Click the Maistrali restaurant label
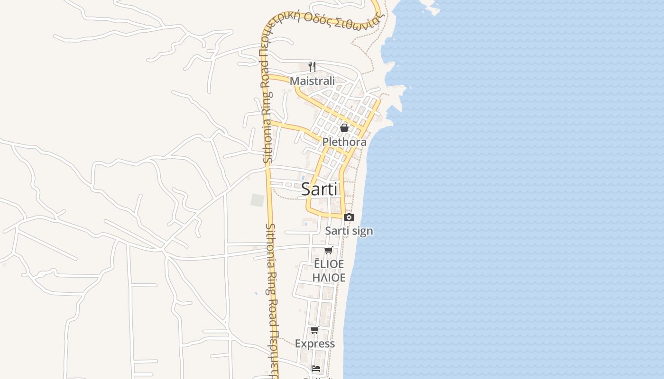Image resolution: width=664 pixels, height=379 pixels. click(x=312, y=81)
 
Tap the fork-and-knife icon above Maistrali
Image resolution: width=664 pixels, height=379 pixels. click(x=312, y=66)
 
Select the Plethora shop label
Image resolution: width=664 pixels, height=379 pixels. click(x=344, y=142)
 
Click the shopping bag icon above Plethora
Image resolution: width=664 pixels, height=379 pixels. click(x=344, y=128)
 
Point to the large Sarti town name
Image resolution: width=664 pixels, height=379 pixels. click(x=320, y=189)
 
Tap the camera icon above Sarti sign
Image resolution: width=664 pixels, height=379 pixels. click(x=349, y=217)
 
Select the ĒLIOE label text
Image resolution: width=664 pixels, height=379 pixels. click(x=329, y=264)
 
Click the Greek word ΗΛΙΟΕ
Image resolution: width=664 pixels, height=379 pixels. click(x=329, y=278)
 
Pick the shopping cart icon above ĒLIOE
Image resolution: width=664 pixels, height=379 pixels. click(x=328, y=250)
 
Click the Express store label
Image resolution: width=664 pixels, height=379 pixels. click(x=315, y=344)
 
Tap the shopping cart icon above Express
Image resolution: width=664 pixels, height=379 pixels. click(x=314, y=330)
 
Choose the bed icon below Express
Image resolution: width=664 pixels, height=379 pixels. click(x=316, y=368)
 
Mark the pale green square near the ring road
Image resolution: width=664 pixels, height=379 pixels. click(x=257, y=200)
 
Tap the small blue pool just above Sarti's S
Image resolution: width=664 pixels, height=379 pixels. click(x=303, y=178)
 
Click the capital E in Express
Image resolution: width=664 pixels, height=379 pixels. click(x=298, y=344)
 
